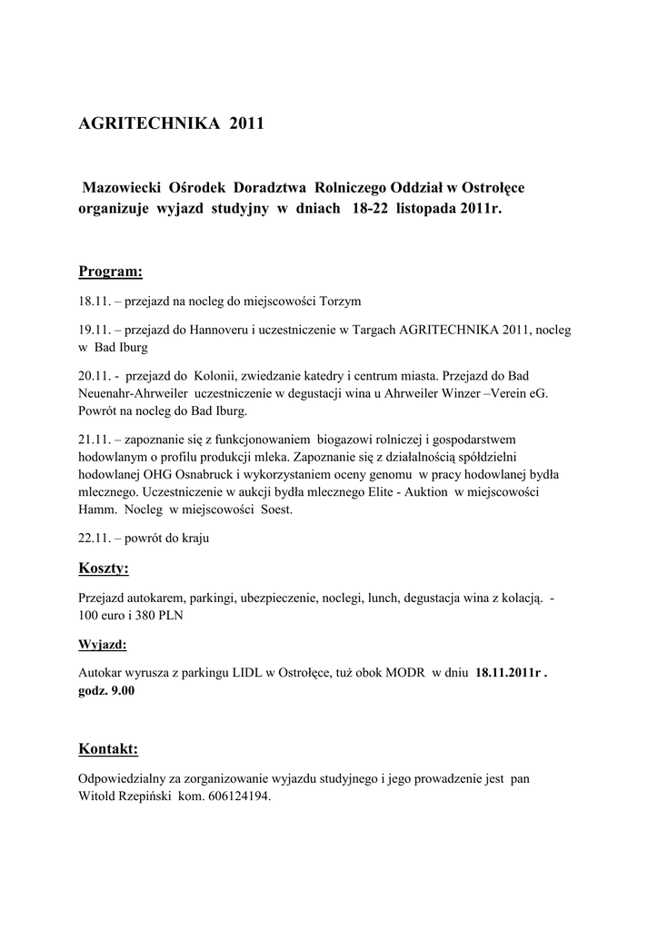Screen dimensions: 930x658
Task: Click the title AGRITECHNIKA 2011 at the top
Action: [171, 124]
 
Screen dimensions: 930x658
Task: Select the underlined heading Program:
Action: [110, 272]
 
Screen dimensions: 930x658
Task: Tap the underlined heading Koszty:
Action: [104, 569]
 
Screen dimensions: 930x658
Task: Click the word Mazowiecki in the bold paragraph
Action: [122, 187]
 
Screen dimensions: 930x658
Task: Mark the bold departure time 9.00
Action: [121, 691]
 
